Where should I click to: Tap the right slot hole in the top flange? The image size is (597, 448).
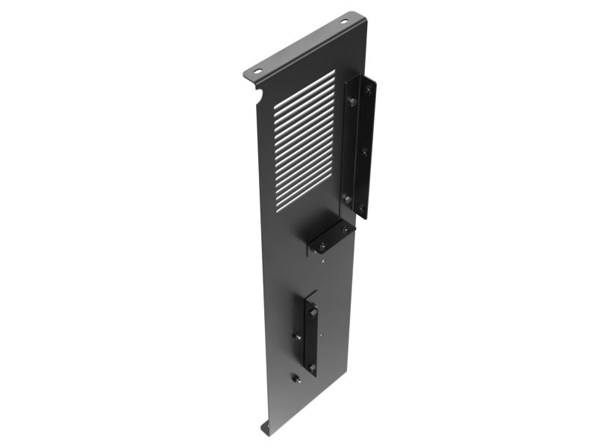tap(345, 21)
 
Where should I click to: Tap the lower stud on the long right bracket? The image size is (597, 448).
tap(348, 198)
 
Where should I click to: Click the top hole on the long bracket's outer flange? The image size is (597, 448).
tap(366, 90)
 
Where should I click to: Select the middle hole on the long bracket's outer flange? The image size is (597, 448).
tap(365, 149)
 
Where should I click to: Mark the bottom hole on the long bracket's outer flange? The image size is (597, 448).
tap(363, 207)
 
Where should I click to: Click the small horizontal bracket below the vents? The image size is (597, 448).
tap(329, 239)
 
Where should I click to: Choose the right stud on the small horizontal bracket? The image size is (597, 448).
tap(343, 230)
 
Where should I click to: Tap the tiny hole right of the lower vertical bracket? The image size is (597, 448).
tap(322, 337)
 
